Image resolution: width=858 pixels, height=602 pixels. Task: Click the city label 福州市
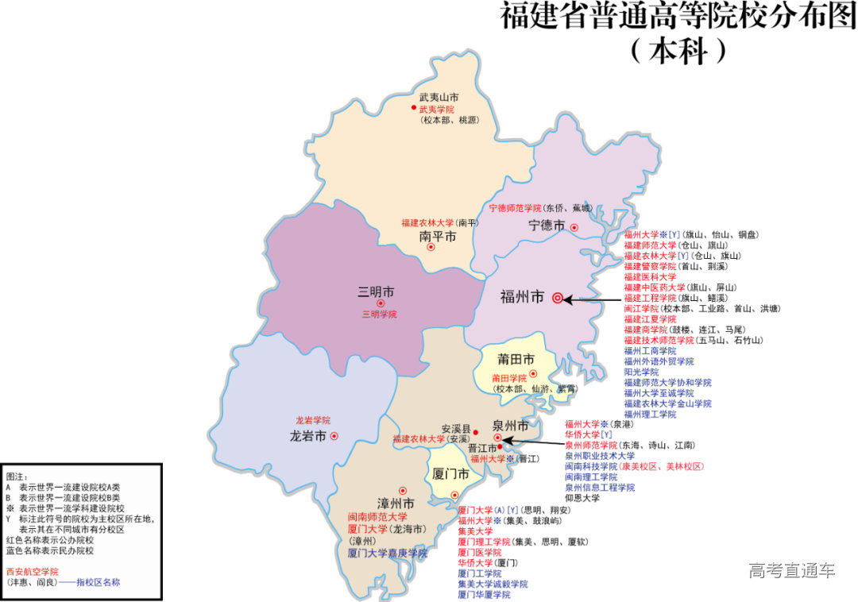point(522,298)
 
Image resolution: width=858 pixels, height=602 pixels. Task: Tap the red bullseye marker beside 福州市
point(558,299)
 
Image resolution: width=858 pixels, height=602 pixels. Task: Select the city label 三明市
point(377,291)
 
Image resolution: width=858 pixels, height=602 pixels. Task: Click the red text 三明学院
point(380,315)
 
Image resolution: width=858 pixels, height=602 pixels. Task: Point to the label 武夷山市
point(439,97)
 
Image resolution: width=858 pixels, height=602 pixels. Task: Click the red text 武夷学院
point(437,109)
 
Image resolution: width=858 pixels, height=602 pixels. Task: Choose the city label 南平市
point(438,237)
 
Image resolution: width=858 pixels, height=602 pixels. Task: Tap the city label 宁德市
point(547,226)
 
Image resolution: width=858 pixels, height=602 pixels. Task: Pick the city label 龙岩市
point(308,436)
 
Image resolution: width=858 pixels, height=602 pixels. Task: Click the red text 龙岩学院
point(312,420)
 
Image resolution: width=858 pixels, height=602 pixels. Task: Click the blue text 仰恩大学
point(582,498)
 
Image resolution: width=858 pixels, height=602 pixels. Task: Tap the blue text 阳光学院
point(641,372)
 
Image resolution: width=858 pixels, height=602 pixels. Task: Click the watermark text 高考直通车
point(792,570)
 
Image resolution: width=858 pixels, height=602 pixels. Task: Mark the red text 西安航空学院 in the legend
point(32,571)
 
